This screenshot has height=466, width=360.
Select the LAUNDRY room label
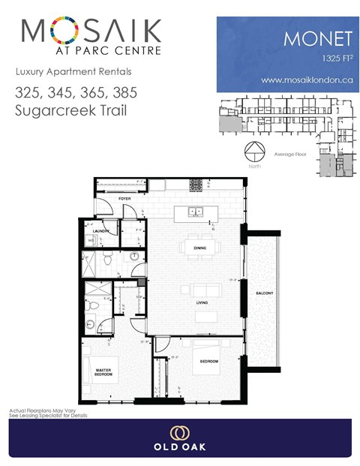(x=103, y=231)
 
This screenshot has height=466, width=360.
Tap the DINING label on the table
(x=199, y=247)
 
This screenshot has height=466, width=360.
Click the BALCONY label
(x=264, y=293)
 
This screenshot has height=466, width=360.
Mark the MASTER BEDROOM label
(x=103, y=372)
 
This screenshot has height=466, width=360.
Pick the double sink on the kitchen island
(x=196, y=212)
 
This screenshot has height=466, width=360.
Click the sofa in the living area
(x=202, y=290)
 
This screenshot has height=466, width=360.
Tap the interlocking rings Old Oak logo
(x=179, y=434)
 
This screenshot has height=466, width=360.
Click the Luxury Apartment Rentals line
(x=73, y=72)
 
